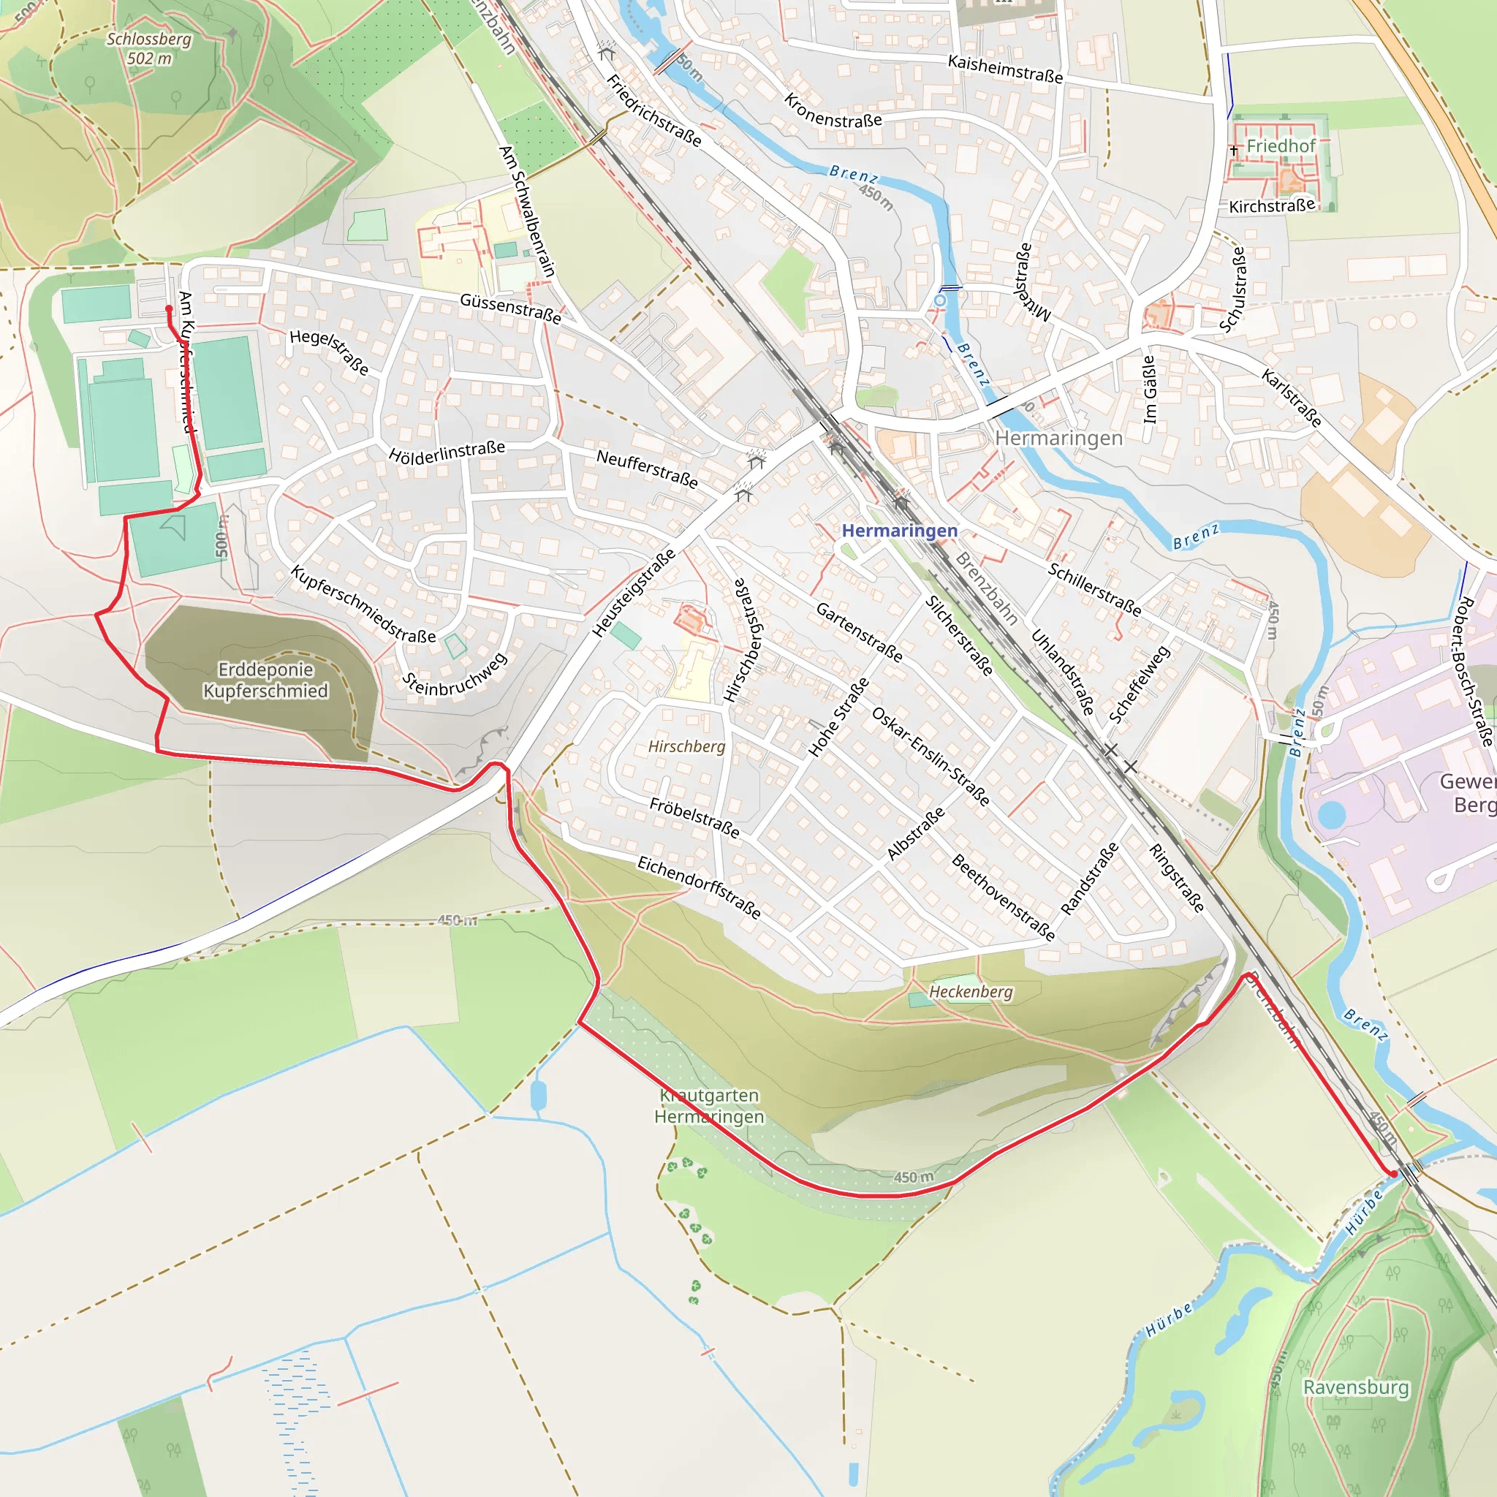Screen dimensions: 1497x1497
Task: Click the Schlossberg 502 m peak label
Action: coord(149,48)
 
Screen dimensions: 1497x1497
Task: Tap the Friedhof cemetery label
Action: coord(1280,145)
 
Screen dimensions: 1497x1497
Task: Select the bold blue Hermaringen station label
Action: coord(899,531)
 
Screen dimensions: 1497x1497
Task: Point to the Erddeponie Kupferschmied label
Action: coord(265,680)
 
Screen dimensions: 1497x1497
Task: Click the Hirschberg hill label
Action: coord(686,746)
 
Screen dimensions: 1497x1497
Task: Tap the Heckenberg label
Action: coord(970,992)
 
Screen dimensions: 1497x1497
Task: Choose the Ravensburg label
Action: coord(1356,1387)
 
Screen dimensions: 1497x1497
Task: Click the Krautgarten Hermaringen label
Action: coord(709,1106)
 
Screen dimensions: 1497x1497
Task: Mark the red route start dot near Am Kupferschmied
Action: coord(169,308)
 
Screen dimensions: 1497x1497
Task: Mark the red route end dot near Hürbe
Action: coord(1394,1174)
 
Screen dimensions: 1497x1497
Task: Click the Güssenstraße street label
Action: coord(510,308)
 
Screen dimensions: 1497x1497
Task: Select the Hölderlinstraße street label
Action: coord(447,452)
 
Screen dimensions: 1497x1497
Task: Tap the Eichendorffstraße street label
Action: coord(699,887)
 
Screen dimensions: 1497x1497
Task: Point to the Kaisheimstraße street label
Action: coord(1005,69)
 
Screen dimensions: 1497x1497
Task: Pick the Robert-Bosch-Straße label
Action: coord(1474,671)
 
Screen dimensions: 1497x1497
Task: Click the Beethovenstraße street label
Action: coord(1003,898)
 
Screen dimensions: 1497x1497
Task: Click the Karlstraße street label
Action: coord(1291,398)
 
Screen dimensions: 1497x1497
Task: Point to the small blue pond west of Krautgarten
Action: coord(539,1095)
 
